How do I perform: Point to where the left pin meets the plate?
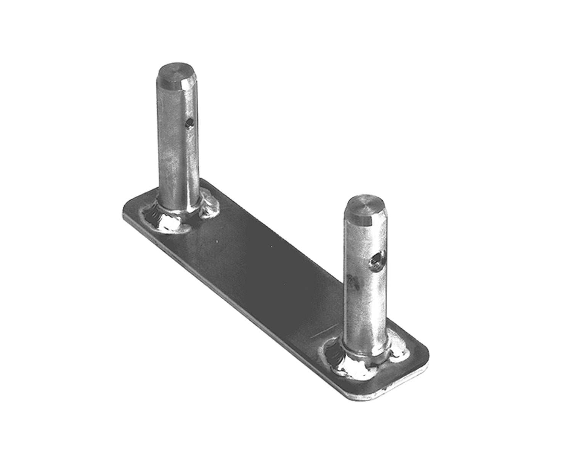178,208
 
